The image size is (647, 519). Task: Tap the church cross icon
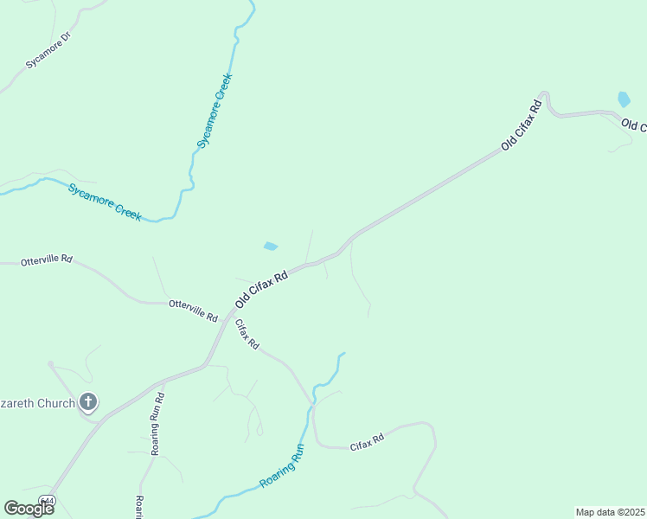[x=87, y=401]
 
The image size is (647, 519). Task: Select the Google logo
[x=29, y=508]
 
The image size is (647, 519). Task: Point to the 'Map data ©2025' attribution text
[x=610, y=512]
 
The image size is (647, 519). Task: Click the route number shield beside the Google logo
[x=49, y=502]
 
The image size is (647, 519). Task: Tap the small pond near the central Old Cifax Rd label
[x=271, y=247]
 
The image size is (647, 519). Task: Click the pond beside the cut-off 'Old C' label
[x=624, y=99]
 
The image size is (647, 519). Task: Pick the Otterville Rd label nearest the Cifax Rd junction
[x=193, y=310]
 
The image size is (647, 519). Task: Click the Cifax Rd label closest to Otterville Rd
[x=247, y=333]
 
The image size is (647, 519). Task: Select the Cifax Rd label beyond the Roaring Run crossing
[x=366, y=445]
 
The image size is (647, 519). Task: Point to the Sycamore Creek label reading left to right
[x=105, y=200]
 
